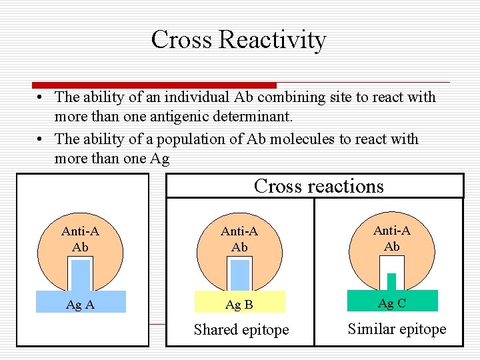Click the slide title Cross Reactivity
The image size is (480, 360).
238,39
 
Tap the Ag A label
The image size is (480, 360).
80,305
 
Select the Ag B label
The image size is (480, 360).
239,305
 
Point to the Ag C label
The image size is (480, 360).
392,303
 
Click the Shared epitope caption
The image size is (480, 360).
241,329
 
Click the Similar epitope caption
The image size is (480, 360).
397,329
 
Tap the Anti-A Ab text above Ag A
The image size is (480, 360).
80,239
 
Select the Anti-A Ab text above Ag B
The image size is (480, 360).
239,239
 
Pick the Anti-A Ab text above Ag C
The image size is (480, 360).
392,238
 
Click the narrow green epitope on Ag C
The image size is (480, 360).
391,282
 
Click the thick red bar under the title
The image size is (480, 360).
155,85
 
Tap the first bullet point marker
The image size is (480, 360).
41,98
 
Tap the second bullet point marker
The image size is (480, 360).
41,140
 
